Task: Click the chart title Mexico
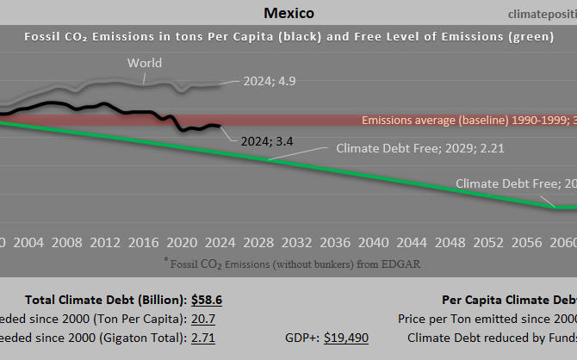click(x=288, y=13)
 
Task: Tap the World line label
click(x=144, y=63)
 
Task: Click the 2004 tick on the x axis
click(x=28, y=241)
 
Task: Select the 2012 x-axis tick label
click(x=105, y=241)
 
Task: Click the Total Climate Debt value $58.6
click(x=208, y=300)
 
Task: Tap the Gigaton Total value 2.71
click(x=203, y=338)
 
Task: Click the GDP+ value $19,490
click(x=346, y=338)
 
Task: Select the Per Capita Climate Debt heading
click(x=508, y=300)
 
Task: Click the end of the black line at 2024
click(x=220, y=126)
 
